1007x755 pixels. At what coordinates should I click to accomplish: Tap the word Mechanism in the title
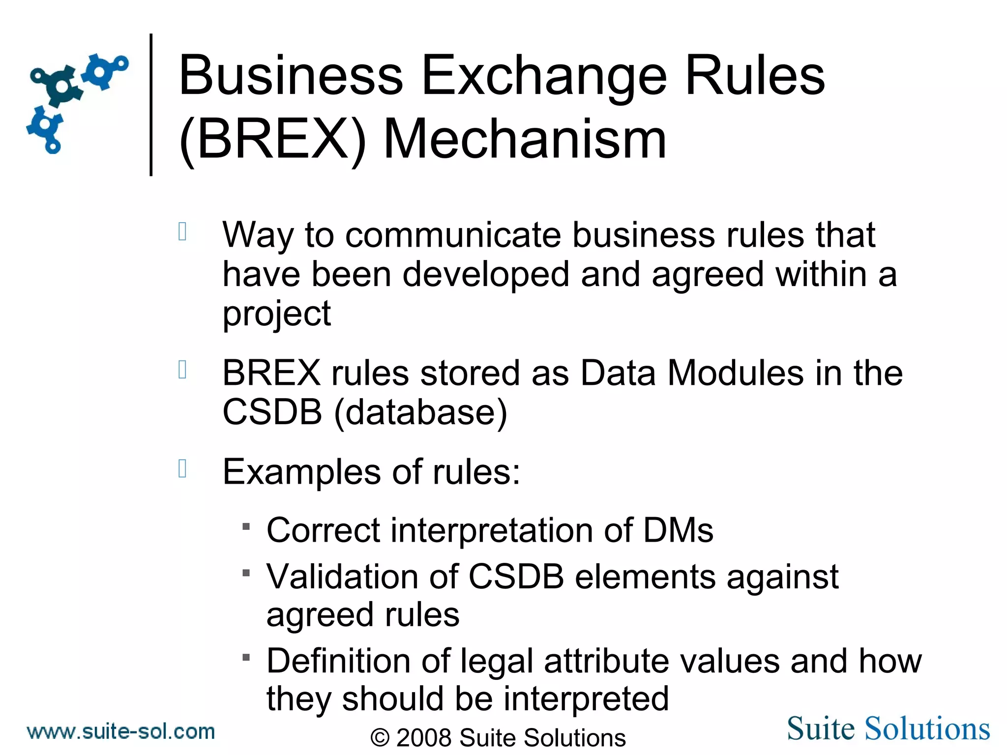coord(524,140)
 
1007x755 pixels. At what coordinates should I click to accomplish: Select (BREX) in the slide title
coord(273,140)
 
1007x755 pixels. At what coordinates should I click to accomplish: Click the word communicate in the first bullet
coord(452,235)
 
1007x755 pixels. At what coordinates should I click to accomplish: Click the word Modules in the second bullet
coord(736,373)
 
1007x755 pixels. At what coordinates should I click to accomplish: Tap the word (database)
coord(420,412)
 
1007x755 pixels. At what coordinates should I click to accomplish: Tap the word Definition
coord(338,661)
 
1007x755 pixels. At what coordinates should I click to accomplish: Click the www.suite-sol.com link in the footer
coord(121,731)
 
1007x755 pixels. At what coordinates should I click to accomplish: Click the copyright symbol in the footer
coord(380,738)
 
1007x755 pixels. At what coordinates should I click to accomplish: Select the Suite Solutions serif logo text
coord(888,728)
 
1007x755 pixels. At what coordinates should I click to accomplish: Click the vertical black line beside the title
coord(151,104)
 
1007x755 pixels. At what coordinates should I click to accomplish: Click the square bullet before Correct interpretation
coord(246,527)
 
